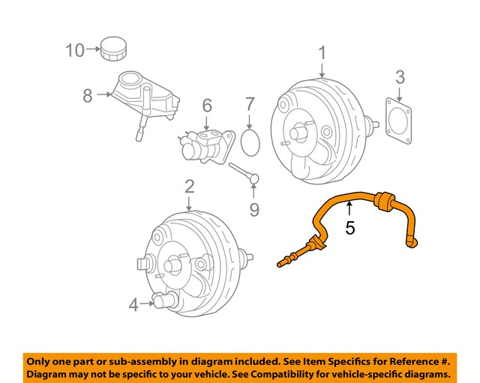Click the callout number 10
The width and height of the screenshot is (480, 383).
click(x=74, y=51)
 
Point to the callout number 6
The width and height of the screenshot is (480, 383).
click(x=206, y=106)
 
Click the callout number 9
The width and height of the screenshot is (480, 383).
click(x=254, y=209)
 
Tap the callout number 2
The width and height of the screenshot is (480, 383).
click(x=189, y=185)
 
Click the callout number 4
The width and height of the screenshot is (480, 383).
click(x=133, y=304)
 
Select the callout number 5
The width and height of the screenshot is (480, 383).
click(x=349, y=228)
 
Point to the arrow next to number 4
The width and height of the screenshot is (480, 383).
click(x=146, y=304)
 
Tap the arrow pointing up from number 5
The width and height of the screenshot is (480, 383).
click(x=349, y=208)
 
